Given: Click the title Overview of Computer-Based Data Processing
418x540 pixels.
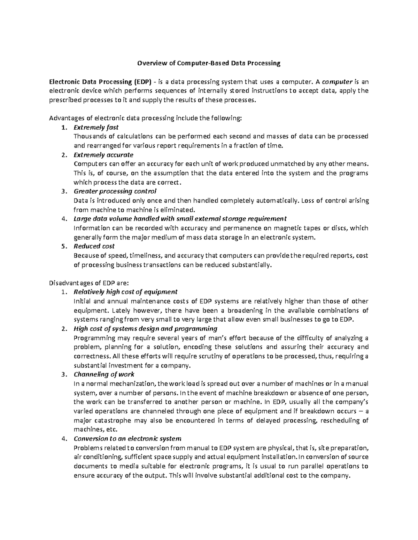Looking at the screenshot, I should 209,63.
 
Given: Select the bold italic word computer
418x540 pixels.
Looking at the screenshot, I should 337,82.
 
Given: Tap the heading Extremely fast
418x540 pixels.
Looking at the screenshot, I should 96,127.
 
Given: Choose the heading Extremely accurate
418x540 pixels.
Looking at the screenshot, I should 103,155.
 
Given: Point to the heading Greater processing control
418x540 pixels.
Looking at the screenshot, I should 115,191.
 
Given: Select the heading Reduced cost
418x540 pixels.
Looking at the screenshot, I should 94,246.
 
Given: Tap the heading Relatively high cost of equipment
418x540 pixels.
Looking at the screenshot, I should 126,292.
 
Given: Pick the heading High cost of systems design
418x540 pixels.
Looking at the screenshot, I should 146,329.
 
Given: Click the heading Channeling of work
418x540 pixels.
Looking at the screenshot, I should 104,374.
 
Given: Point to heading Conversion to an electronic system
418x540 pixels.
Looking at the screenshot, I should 127,438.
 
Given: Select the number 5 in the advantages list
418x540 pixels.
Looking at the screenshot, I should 63,247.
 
